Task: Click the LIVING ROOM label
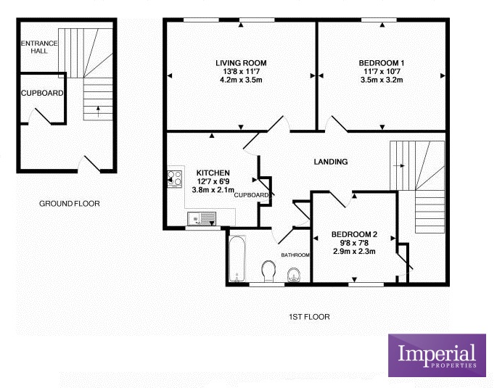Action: coord(241,63)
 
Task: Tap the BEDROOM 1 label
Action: coord(382,63)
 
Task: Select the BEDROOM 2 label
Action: coord(354,235)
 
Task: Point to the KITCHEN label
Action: coord(213,173)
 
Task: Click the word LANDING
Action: coord(331,162)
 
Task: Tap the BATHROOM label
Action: coord(295,255)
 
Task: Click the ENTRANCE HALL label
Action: coord(39,47)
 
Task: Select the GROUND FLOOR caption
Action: coord(70,204)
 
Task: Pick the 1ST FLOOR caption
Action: coord(309,317)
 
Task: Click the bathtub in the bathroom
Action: coord(237,258)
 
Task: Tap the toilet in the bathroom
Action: coord(268,271)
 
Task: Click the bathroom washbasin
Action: coord(294,276)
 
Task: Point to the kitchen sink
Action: coord(202,219)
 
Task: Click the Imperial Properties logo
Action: coord(437,355)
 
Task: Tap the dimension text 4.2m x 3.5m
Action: coord(241,80)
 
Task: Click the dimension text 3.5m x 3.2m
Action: coord(382,80)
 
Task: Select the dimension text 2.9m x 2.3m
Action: coord(354,252)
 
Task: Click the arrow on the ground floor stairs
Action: coord(98,112)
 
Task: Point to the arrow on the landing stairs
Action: coord(399,165)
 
